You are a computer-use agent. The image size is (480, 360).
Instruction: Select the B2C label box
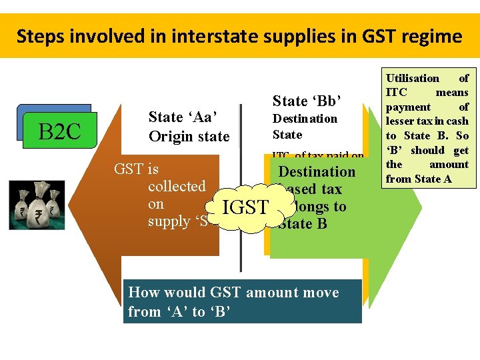[60, 132]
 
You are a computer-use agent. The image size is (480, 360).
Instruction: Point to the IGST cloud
[245, 207]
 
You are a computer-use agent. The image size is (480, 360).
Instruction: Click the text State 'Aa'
[185, 117]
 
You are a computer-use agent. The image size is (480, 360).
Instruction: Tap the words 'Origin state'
[189, 137]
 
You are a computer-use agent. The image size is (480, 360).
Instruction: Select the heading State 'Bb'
[307, 101]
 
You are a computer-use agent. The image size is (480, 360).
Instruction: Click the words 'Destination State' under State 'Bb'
[305, 126]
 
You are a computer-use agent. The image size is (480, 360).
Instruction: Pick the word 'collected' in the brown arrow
[177, 187]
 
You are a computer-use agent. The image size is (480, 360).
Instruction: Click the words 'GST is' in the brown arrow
[136, 169]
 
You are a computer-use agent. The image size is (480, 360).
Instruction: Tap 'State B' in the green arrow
[304, 224]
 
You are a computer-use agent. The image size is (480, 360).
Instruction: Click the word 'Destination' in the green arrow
[317, 172]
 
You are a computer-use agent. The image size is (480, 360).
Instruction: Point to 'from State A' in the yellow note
[419, 179]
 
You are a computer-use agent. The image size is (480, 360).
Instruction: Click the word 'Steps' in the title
[39, 36]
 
